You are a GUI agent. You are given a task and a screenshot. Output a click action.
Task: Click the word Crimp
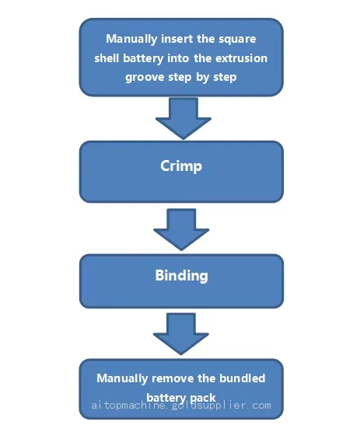point(181,166)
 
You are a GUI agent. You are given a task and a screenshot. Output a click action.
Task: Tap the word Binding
point(181,276)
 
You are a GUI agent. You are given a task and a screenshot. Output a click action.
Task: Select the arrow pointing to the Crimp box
point(183,119)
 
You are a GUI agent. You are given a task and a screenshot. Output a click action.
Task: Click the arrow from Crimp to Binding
point(181,229)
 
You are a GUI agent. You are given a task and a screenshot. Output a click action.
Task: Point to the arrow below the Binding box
point(181,333)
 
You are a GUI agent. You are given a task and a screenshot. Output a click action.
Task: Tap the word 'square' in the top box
point(237,40)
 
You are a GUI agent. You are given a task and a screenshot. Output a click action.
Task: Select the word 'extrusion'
point(241,58)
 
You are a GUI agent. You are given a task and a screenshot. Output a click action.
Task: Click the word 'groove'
point(145,78)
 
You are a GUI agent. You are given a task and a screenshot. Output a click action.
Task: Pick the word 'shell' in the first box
point(107,58)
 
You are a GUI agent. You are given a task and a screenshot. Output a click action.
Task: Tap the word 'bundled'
point(242,378)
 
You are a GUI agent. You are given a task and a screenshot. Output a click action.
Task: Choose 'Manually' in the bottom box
point(122,378)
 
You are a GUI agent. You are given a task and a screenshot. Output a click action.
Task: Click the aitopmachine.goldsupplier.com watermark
point(181,406)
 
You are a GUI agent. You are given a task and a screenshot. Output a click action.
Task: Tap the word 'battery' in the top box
point(143,59)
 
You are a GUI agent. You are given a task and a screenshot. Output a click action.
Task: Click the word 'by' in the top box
point(203,78)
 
